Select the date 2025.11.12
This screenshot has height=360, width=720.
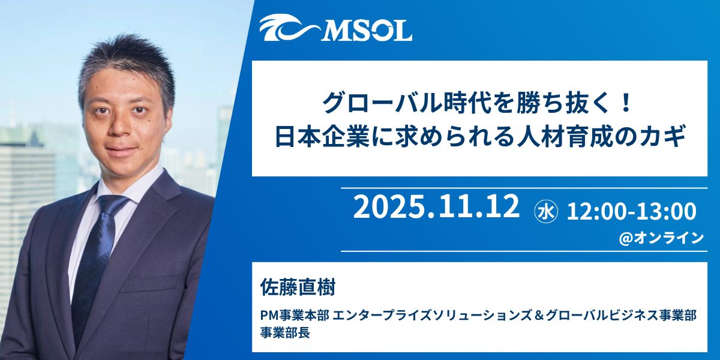(x=436, y=207)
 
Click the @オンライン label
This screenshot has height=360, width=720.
(x=661, y=238)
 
